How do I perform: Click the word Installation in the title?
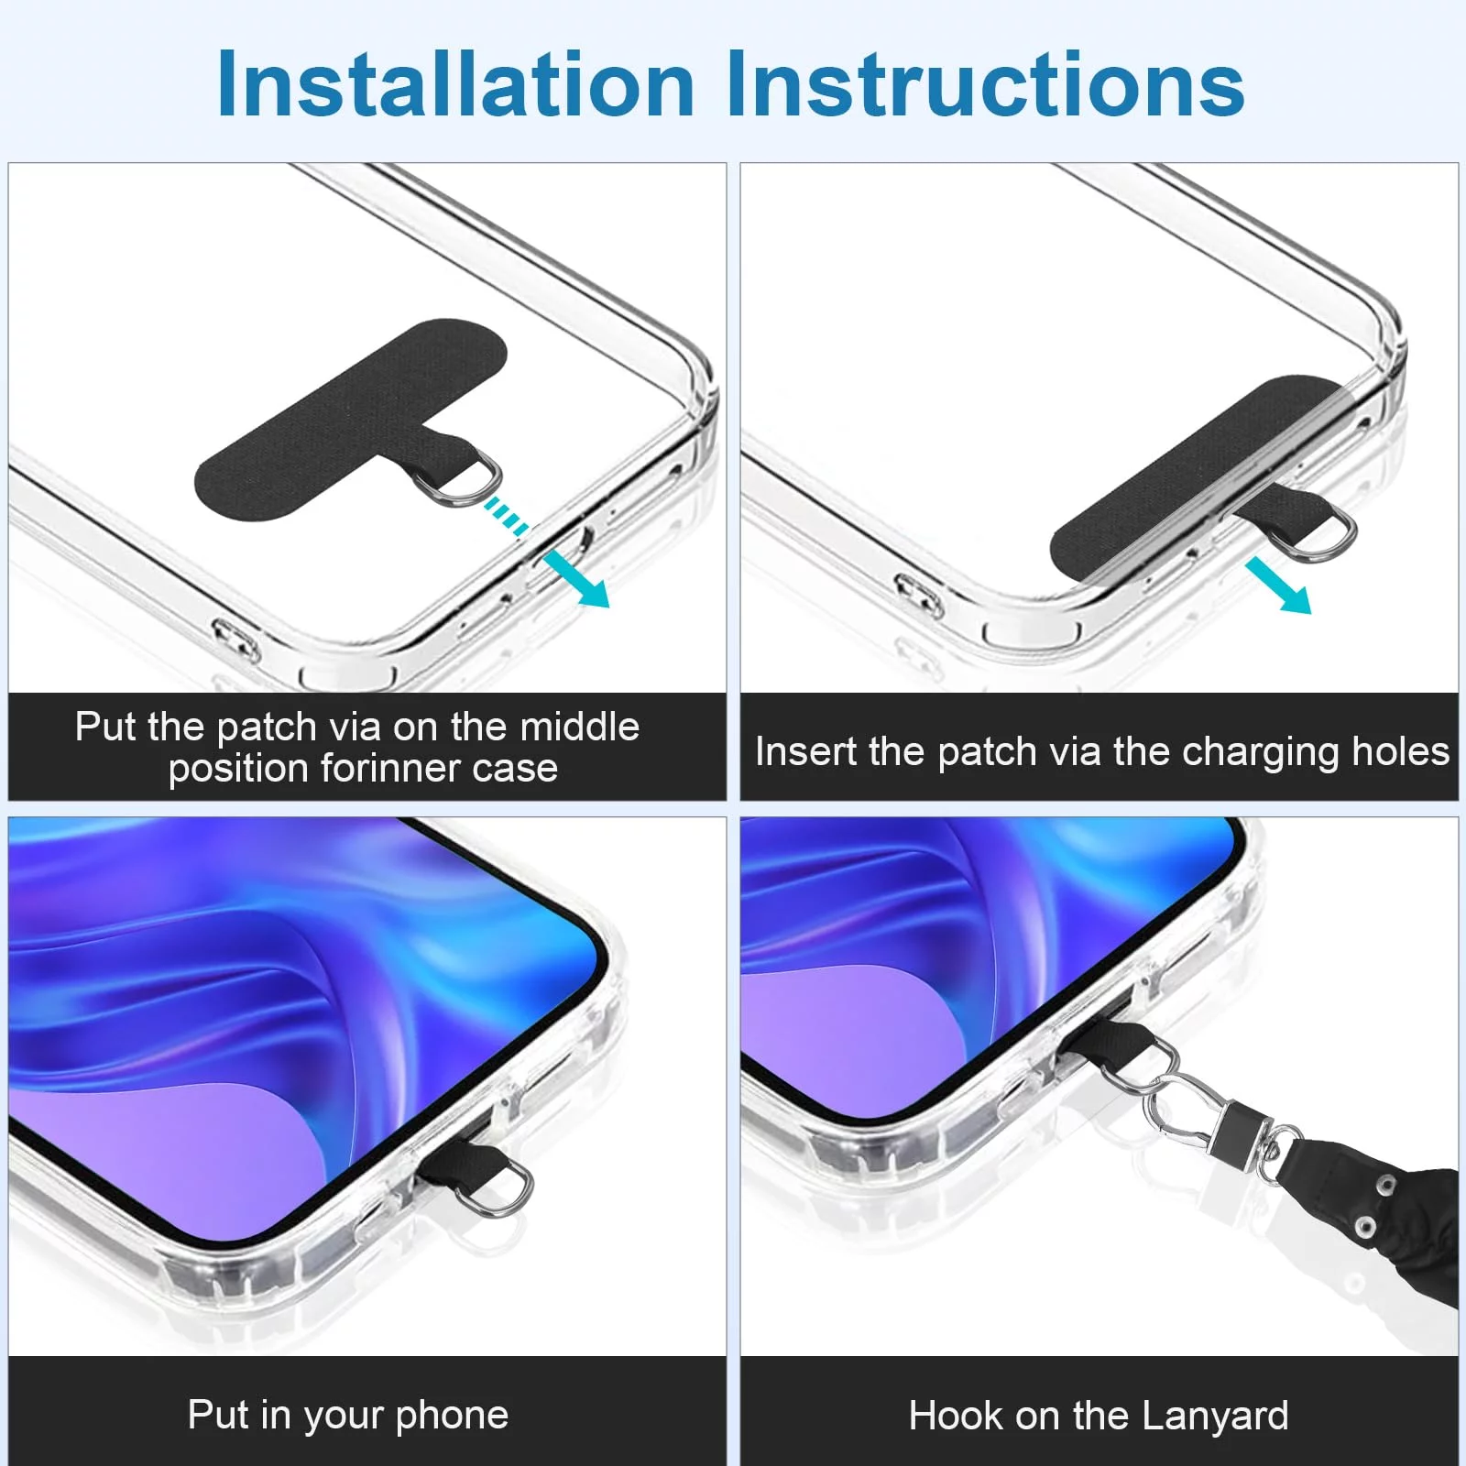tap(455, 84)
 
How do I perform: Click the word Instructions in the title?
tap(986, 84)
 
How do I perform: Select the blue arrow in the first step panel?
tap(576, 579)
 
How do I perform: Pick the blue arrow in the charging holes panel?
tap(1279, 586)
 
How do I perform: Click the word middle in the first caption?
tap(579, 727)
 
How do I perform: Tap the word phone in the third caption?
tap(452, 1416)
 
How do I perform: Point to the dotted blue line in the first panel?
tap(507, 516)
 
